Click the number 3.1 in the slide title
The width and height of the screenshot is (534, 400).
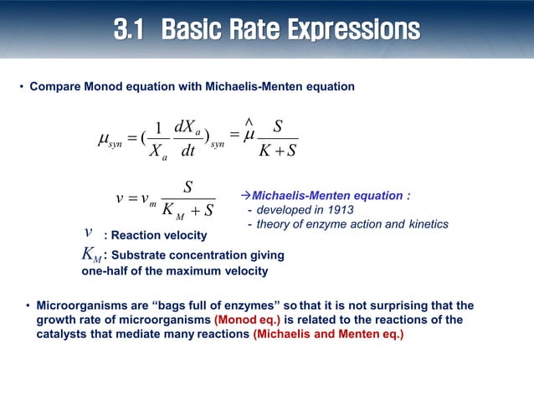tap(133, 31)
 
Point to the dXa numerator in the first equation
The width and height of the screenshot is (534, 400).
tap(187, 128)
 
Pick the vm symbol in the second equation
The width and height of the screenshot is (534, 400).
tap(146, 198)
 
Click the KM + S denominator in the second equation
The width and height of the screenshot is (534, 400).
tap(187, 210)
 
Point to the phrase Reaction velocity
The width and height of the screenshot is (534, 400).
tap(155, 236)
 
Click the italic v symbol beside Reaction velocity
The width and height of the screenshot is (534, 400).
tap(89, 232)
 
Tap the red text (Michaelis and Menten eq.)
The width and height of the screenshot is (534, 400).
tap(328, 335)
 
